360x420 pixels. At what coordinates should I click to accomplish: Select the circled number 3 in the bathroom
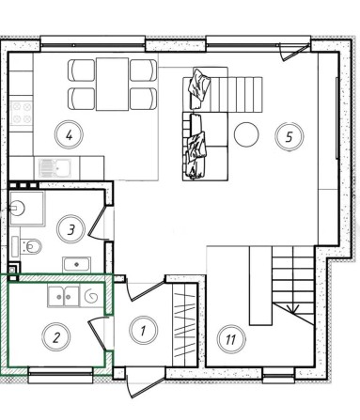point(70,228)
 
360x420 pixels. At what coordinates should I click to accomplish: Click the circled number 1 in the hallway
point(142,330)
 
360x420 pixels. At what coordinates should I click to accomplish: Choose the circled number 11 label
point(230,339)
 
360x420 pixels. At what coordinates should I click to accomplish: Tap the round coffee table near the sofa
point(246,133)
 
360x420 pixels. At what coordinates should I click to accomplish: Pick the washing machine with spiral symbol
point(92,297)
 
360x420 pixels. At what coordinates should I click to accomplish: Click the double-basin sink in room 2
point(63,297)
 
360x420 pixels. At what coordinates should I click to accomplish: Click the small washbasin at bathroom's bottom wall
point(74,263)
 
